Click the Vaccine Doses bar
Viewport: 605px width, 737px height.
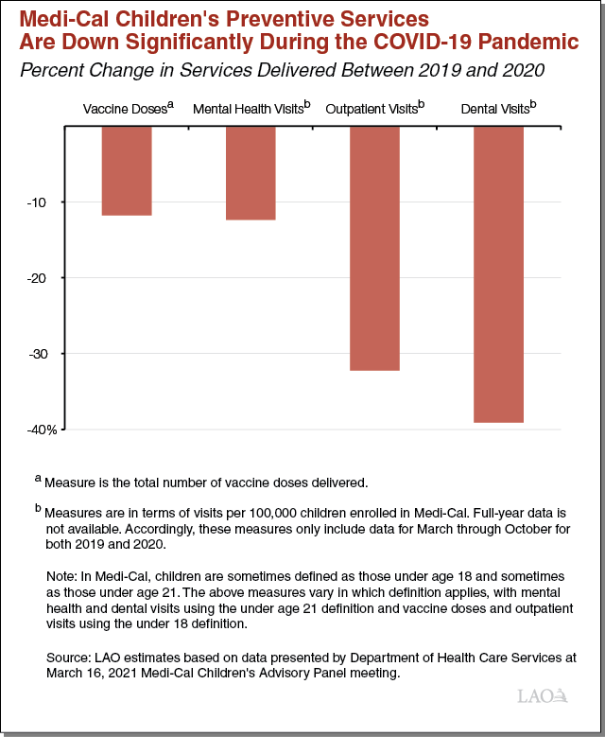pyautogui.click(x=127, y=171)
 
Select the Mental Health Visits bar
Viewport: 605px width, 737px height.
pyautogui.click(x=251, y=173)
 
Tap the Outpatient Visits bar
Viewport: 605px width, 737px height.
pyautogui.click(x=374, y=248)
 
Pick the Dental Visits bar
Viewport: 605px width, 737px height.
pyautogui.click(x=498, y=274)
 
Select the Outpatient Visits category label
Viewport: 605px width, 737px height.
pyautogui.click(x=374, y=110)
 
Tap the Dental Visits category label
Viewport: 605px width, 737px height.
pyautogui.click(x=498, y=110)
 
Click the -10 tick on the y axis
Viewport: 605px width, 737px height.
pyautogui.click(x=44, y=202)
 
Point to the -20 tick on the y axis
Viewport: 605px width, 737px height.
pyautogui.click(x=44, y=278)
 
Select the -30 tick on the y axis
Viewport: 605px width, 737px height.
pyautogui.click(x=44, y=354)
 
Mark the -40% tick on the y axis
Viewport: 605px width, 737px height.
pyautogui.click(x=42, y=430)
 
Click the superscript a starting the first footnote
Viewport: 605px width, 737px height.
pyautogui.click(x=38, y=480)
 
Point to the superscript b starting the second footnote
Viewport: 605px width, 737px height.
pyautogui.click(x=38, y=508)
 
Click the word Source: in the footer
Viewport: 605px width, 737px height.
pyautogui.click(x=69, y=657)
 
